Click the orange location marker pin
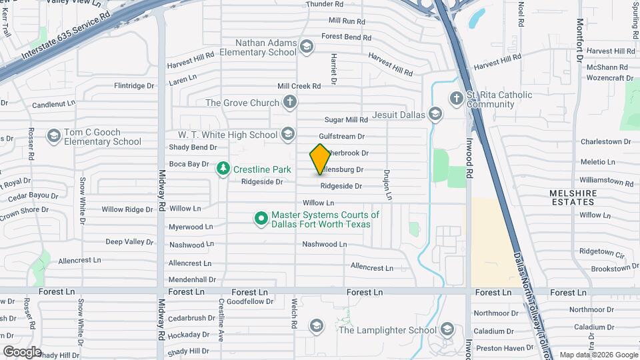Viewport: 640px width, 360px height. [320, 159]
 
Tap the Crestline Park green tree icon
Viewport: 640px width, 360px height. [224, 169]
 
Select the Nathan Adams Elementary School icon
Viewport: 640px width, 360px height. [306, 46]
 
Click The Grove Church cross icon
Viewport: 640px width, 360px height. [289, 103]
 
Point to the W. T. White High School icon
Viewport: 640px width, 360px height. [287, 135]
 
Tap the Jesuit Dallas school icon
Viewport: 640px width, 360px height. [435, 115]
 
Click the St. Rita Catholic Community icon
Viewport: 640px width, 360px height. [456, 99]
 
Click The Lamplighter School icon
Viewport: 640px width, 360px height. [446, 329]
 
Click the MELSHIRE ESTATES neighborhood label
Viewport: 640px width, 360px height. [573, 197]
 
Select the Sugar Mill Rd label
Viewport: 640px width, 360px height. [346, 120]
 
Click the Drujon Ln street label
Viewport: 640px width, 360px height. [386, 185]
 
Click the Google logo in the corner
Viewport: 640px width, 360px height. [22, 351]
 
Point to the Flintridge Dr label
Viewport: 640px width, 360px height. [134, 86]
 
